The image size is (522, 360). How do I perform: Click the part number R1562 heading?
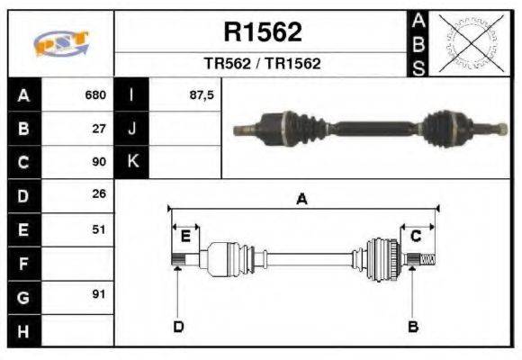tap(262, 32)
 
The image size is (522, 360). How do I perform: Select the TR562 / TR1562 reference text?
tap(262, 65)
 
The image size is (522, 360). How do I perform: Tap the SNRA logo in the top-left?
tap(61, 44)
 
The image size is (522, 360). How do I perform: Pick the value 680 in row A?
tap(95, 94)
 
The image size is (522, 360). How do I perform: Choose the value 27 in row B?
tap(100, 129)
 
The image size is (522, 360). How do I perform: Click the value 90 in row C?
tap(100, 163)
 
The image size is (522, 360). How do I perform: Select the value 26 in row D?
tap(100, 194)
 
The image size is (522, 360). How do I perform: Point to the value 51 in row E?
tap(100, 229)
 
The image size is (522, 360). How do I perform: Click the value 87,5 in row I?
tap(202, 94)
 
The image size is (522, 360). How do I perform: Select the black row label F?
tap(23, 264)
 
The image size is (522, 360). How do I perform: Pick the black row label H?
tap(23, 330)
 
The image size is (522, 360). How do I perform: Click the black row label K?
tap(132, 162)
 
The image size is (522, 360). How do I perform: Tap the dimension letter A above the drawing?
tap(301, 200)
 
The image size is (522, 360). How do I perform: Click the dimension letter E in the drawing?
tap(185, 237)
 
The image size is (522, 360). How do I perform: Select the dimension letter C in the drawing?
tap(416, 236)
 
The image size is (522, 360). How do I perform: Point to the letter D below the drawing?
tap(178, 326)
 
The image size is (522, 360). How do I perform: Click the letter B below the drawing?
tap(413, 326)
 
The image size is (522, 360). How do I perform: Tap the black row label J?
tap(132, 129)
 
